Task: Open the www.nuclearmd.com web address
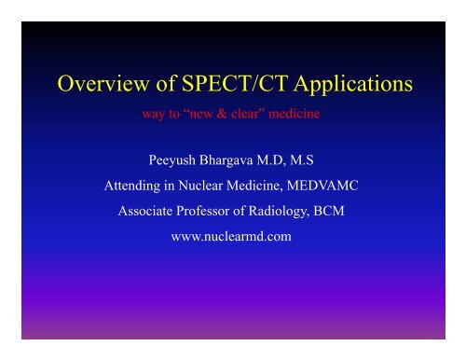click(x=232, y=237)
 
